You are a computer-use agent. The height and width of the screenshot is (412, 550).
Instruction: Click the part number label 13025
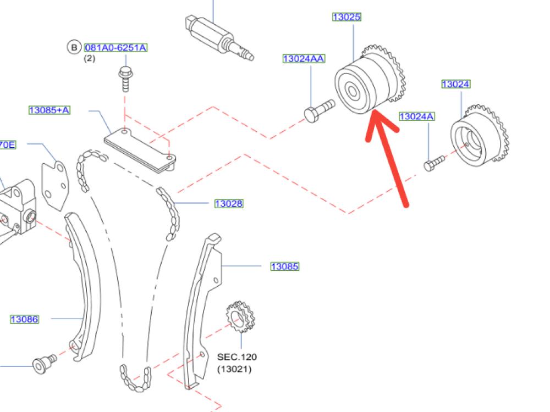[x=346, y=17]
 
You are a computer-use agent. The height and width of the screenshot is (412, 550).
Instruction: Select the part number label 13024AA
[x=304, y=58]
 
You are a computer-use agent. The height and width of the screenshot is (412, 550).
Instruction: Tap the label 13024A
[x=416, y=116]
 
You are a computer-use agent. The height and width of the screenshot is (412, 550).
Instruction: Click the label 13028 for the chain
[x=228, y=204]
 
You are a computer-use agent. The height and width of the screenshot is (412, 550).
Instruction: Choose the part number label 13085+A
[x=50, y=110]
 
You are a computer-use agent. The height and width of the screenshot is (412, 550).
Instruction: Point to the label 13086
[x=24, y=319]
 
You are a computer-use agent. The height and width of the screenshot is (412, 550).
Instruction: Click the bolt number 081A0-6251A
[x=116, y=48]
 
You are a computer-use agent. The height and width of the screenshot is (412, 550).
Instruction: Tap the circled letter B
[x=74, y=48]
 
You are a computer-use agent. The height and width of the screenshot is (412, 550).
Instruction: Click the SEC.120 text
[x=237, y=357]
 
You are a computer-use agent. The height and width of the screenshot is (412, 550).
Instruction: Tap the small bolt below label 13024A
[x=434, y=163]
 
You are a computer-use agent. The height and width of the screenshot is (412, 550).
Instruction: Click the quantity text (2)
[x=89, y=58]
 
